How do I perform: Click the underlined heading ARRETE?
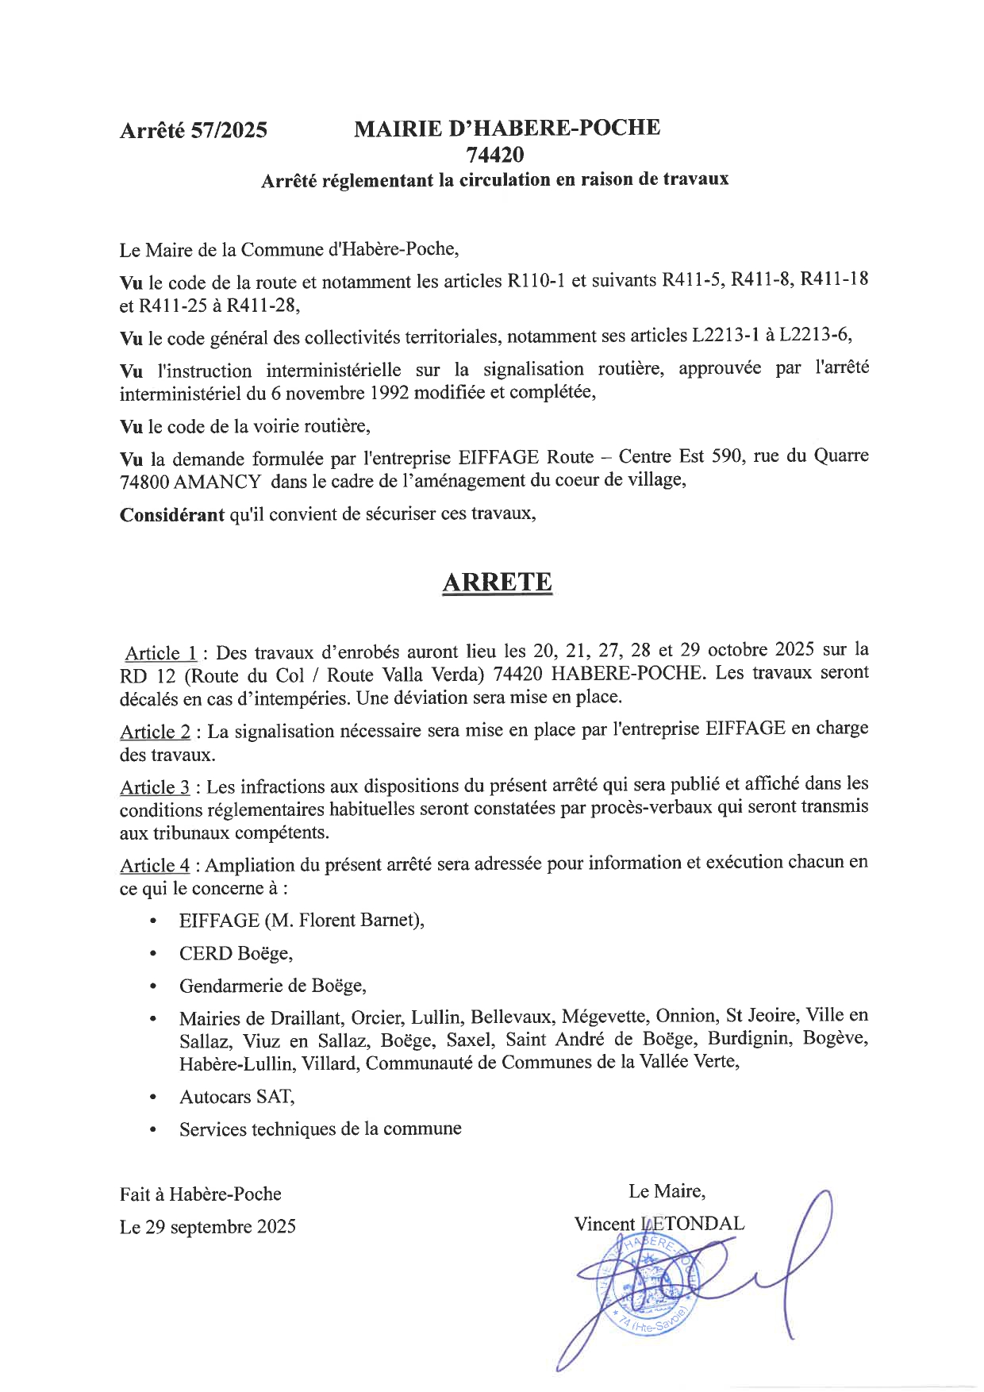pos(496,582)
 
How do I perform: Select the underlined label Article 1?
pos(161,653)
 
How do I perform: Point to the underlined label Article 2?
pos(155,731)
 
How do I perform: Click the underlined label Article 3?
pos(155,787)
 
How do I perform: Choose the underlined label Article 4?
pos(155,865)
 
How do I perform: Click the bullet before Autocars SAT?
pos(153,1097)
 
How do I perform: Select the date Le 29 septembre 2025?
pos(208,1227)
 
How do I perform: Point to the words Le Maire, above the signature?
pos(667,1191)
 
